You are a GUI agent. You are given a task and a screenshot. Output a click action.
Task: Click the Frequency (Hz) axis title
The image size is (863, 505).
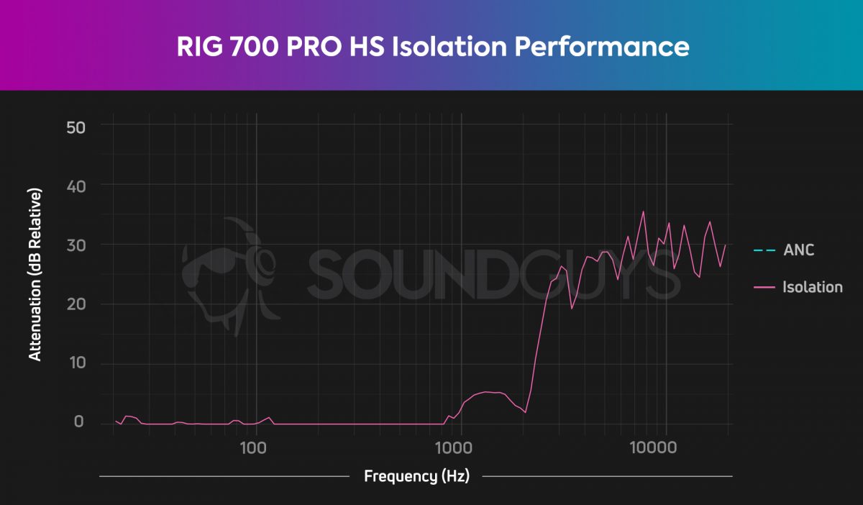tap(416, 476)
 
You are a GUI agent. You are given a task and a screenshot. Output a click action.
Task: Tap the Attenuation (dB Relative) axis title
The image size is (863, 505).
tap(35, 275)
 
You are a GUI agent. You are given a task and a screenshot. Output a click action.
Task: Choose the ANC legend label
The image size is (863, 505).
tap(798, 250)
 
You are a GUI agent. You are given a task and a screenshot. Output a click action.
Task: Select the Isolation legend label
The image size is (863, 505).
tap(812, 287)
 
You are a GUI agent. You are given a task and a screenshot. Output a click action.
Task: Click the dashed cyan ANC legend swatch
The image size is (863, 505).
tap(764, 250)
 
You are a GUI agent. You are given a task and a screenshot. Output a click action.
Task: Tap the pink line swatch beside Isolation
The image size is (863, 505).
tap(764, 287)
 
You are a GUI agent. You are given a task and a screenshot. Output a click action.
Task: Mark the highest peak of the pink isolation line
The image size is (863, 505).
tap(643, 211)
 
